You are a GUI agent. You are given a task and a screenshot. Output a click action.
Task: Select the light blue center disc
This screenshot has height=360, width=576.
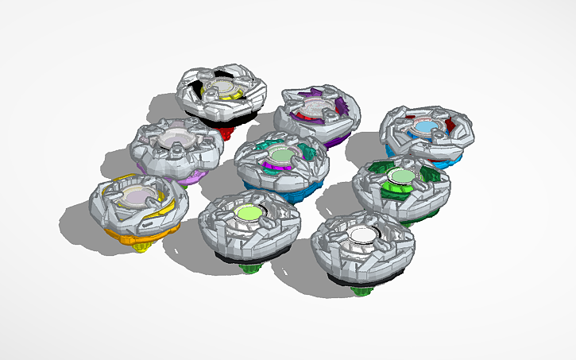pos(426,127)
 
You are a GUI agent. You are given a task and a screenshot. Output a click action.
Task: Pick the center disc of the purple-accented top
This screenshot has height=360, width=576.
pos(315,109)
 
